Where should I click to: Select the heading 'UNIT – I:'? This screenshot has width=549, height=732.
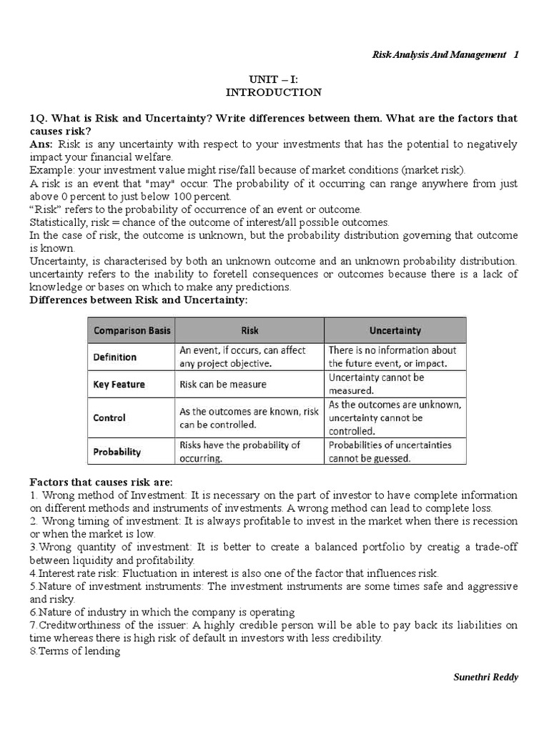(274, 79)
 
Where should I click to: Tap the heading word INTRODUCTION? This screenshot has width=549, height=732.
(274, 92)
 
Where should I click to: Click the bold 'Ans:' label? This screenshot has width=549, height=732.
(41, 144)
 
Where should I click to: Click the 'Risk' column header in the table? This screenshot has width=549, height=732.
(249, 330)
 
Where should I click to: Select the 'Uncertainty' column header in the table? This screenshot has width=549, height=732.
(395, 330)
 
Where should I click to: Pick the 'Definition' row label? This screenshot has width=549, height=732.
(115, 357)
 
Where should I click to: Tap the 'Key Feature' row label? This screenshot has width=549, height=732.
(119, 384)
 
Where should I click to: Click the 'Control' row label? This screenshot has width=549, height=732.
(109, 417)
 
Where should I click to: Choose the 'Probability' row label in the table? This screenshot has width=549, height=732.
(117, 452)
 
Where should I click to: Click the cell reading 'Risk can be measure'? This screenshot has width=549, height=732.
(222, 384)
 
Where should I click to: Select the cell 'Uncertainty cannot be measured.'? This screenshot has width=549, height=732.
(376, 384)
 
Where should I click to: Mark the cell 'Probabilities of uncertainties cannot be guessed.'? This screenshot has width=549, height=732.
(390, 452)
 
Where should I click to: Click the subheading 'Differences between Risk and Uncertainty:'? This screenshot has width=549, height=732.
(138, 300)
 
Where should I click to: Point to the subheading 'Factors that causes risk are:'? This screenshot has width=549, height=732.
(101, 481)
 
